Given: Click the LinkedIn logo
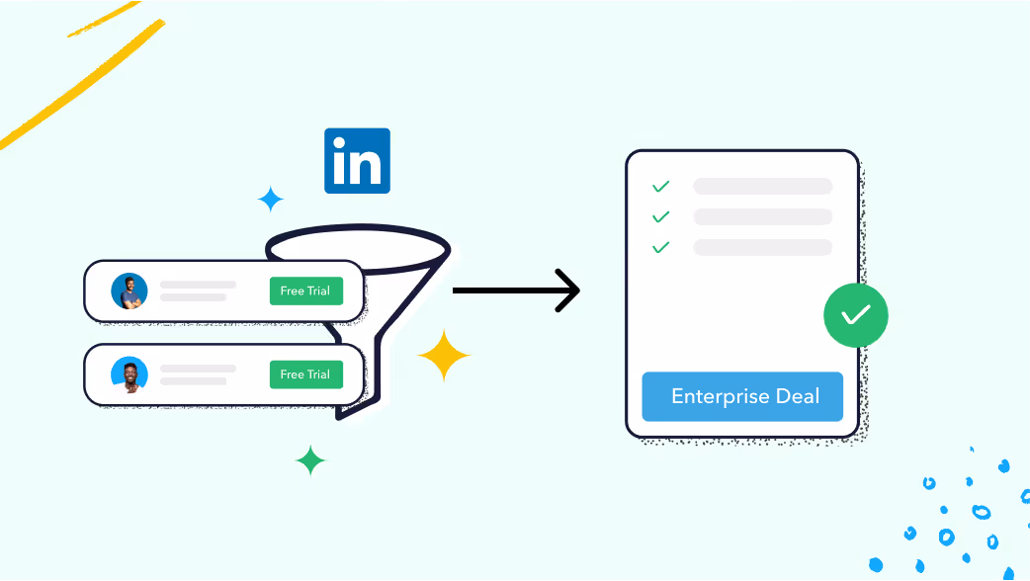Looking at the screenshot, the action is click(x=357, y=160).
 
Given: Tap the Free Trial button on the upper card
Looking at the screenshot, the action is click(x=305, y=291).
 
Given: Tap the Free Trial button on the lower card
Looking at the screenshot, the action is click(x=305, y=374).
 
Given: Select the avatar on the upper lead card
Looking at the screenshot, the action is click(x=129, y=291).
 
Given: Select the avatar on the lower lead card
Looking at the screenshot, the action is click(x=129, y=374).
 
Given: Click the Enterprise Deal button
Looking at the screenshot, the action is click(x=742, y=397).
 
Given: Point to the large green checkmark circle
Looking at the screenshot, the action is click(x=855, y=316).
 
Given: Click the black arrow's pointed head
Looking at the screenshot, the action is click(x=570, y=290).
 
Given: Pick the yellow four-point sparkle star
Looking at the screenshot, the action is click(x=443, y=356).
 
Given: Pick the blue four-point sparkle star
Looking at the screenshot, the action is click(x=271, y=200).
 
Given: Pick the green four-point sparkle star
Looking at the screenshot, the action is click(x=310, y=459).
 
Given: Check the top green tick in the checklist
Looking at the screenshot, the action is click(x=660, y=186).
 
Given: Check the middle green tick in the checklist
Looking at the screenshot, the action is click(x=660, y=216).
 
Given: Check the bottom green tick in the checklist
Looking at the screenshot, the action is click(x=660, y=247).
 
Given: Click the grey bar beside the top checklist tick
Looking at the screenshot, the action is click(x=762, y=186).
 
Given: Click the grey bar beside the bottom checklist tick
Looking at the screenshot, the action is click(x=762, y=247).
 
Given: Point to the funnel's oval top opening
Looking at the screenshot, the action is click(x=357, y=248).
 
